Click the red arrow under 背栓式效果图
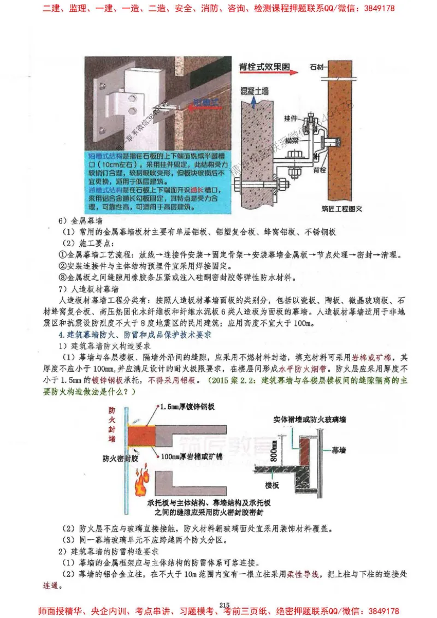[267, 75]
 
